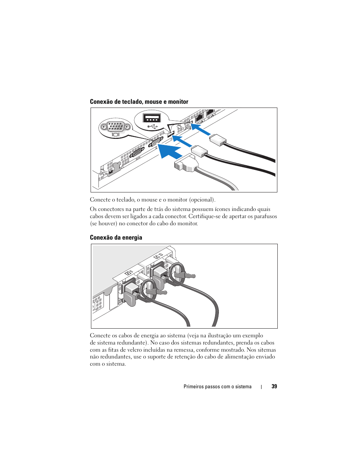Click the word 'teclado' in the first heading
point(131,102)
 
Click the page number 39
point(274,386)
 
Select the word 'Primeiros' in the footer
point(194,387)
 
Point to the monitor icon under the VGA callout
point(115,134)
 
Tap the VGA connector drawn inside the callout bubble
point(115,126)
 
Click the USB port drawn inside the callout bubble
point(152,118)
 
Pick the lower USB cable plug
point(199,152)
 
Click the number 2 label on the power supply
point(161,255)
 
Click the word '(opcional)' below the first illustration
point(202,200)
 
